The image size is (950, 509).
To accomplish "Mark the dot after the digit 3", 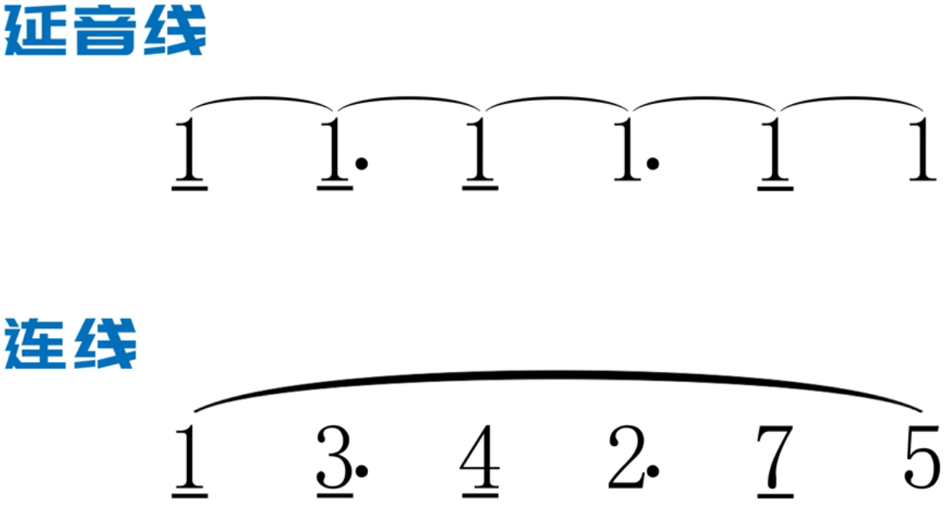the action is coord(362,470).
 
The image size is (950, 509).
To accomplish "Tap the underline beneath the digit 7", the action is coord(774,491).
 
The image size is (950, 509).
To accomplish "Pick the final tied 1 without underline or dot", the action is coord(921,150).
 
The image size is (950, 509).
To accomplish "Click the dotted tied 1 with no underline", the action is coord(628,150).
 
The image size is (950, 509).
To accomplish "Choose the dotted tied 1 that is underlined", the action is coord(336,150).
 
